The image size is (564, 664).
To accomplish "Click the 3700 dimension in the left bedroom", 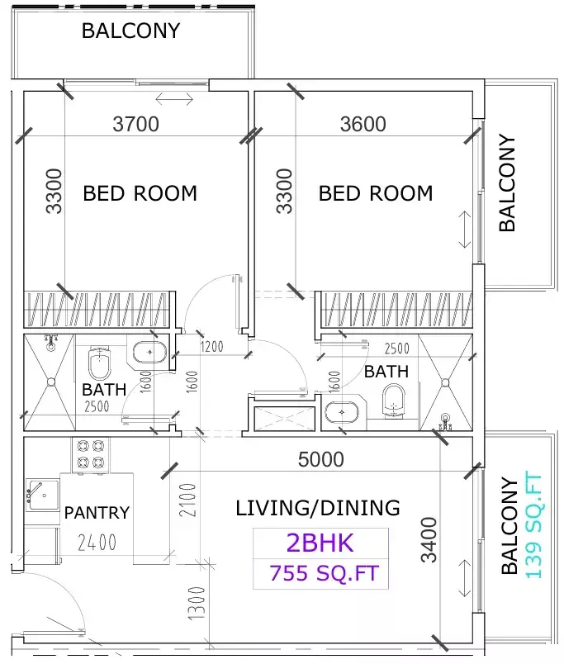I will click(x=135, y=125).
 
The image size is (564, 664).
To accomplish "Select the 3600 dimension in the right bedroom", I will click(x=363, y=124).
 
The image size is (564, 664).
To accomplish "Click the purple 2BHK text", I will click(x=320, y=543).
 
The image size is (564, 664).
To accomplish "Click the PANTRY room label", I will click(x=97, y=513).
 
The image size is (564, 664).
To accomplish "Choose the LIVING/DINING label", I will click(x=318, y=508).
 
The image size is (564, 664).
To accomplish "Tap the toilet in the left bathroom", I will click(x=99, y=361).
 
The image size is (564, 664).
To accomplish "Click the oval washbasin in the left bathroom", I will click(x=149, y=353).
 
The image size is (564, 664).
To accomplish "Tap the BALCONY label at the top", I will click(x=130, y=31).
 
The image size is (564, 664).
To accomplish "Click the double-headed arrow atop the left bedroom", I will click(x=174, y=100).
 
